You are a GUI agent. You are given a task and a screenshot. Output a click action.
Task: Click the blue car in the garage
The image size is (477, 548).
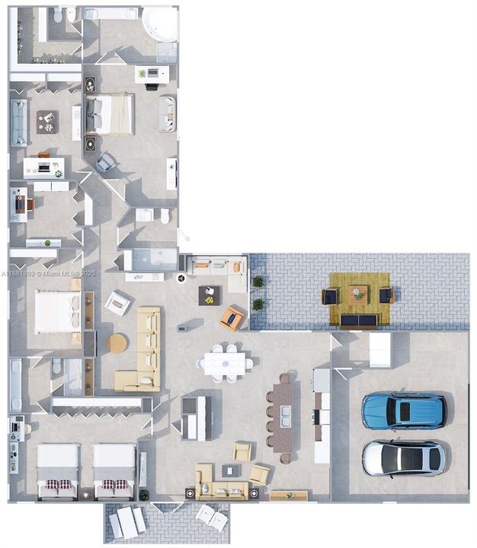click(x=404, y=411)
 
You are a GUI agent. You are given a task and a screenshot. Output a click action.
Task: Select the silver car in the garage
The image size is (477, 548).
click(x=404, y=457)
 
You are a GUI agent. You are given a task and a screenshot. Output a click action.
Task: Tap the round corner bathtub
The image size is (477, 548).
click(x=159, y=24)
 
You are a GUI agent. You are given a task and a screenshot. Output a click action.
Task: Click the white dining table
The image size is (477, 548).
click(x=225, y=362)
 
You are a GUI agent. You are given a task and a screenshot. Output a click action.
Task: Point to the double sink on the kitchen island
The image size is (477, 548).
click(x=285, y=416)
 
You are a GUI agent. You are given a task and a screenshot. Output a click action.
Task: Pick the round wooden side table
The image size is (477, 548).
click(x=117, y=343)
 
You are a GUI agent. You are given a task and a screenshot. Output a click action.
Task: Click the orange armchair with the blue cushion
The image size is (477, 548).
click(x=232, y=318)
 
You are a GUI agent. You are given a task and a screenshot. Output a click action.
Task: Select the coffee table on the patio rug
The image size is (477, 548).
click(x=358, y=292)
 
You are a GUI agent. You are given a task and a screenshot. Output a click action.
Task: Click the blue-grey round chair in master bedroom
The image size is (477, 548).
click(x=107, y=162)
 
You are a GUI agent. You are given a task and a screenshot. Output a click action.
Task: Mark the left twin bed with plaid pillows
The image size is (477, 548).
click(x=58, y=470)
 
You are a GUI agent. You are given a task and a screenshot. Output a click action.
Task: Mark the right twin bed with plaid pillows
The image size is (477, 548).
click(x=114, y=470)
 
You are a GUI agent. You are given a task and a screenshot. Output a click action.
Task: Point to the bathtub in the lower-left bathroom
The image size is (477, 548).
click(x=16, y=384)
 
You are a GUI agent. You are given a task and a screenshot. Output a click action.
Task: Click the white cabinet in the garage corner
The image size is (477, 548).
click(x=379, y=350)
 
